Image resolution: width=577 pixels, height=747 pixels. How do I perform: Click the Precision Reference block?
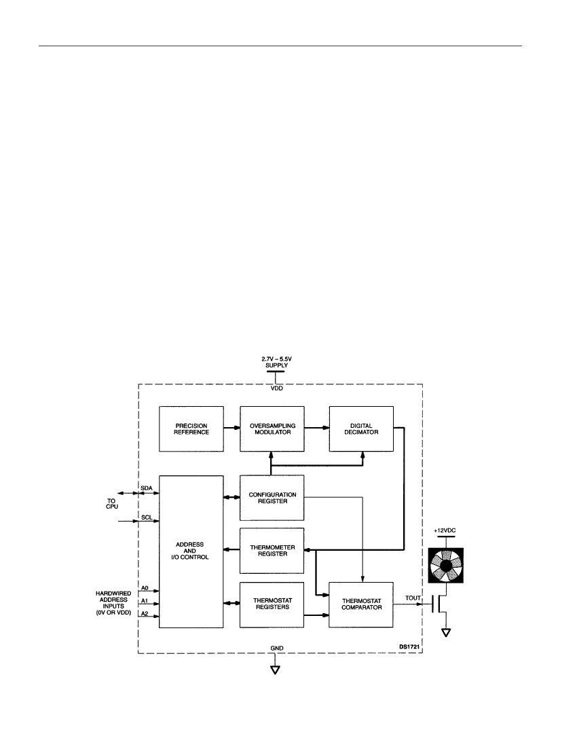[x=191, y=429]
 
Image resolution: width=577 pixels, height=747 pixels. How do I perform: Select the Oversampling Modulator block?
[x=272, y=429]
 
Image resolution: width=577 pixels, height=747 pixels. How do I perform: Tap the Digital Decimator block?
[x=361, y=429]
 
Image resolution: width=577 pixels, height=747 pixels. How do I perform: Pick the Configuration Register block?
[x=272, y=498]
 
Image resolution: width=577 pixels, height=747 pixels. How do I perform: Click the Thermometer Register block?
[x=272, y=551]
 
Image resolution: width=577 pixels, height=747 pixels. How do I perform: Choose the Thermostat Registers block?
[x=272, y=604]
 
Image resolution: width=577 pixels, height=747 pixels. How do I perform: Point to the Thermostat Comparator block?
[x=361, y=604]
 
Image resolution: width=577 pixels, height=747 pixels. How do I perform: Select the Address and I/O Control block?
[x=191, y=551]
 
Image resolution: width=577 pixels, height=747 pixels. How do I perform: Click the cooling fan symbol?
[x=445, y=566]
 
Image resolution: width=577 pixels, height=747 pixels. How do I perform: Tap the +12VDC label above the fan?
[x=445, y=530]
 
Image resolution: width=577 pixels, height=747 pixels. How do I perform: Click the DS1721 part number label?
[x=409, y=647]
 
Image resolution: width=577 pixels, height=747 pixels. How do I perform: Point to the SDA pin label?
[x=147, y=488]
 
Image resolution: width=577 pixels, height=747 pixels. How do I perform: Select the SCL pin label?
[x=147, y=517]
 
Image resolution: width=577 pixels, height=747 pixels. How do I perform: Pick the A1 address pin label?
[x=145, y=601]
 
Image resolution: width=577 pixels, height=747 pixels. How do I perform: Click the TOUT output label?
[x=413, y=598]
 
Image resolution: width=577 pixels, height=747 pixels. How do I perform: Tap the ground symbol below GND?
[x=275, y=670]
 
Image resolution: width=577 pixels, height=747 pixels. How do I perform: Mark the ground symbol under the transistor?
[x=446, y=633]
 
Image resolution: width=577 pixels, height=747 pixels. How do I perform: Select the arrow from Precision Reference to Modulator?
[x=232, y=428]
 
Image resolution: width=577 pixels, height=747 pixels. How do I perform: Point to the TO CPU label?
[x=112, y=504]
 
